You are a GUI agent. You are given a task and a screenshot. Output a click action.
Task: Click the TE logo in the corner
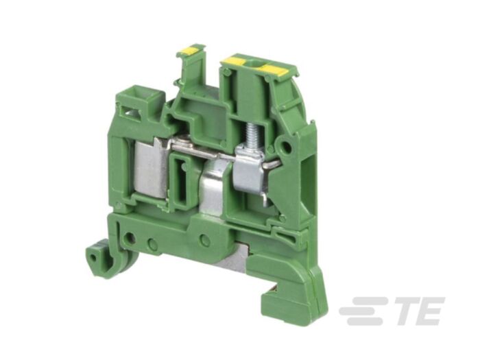(392, 311)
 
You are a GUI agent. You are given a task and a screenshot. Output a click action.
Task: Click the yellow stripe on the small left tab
(190, 49)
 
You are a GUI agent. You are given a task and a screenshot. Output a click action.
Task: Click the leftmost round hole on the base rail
(129, 239)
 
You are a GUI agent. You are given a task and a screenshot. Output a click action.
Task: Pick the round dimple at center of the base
(204, 239)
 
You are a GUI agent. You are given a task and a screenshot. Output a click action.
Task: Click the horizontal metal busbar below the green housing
(206, 146)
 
